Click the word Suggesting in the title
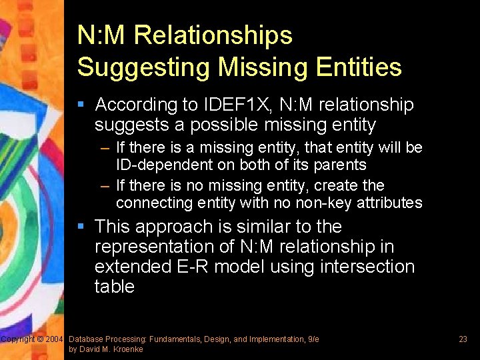coord(134,67)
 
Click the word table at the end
coord(115,287)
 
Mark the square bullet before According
coord(81,104)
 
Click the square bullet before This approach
coord(81,227)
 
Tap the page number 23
coord(463,339)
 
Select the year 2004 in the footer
coord(55,339)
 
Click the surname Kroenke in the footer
coord(127,349)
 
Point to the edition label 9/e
coord(313,339)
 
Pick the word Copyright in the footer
coord(18,339)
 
